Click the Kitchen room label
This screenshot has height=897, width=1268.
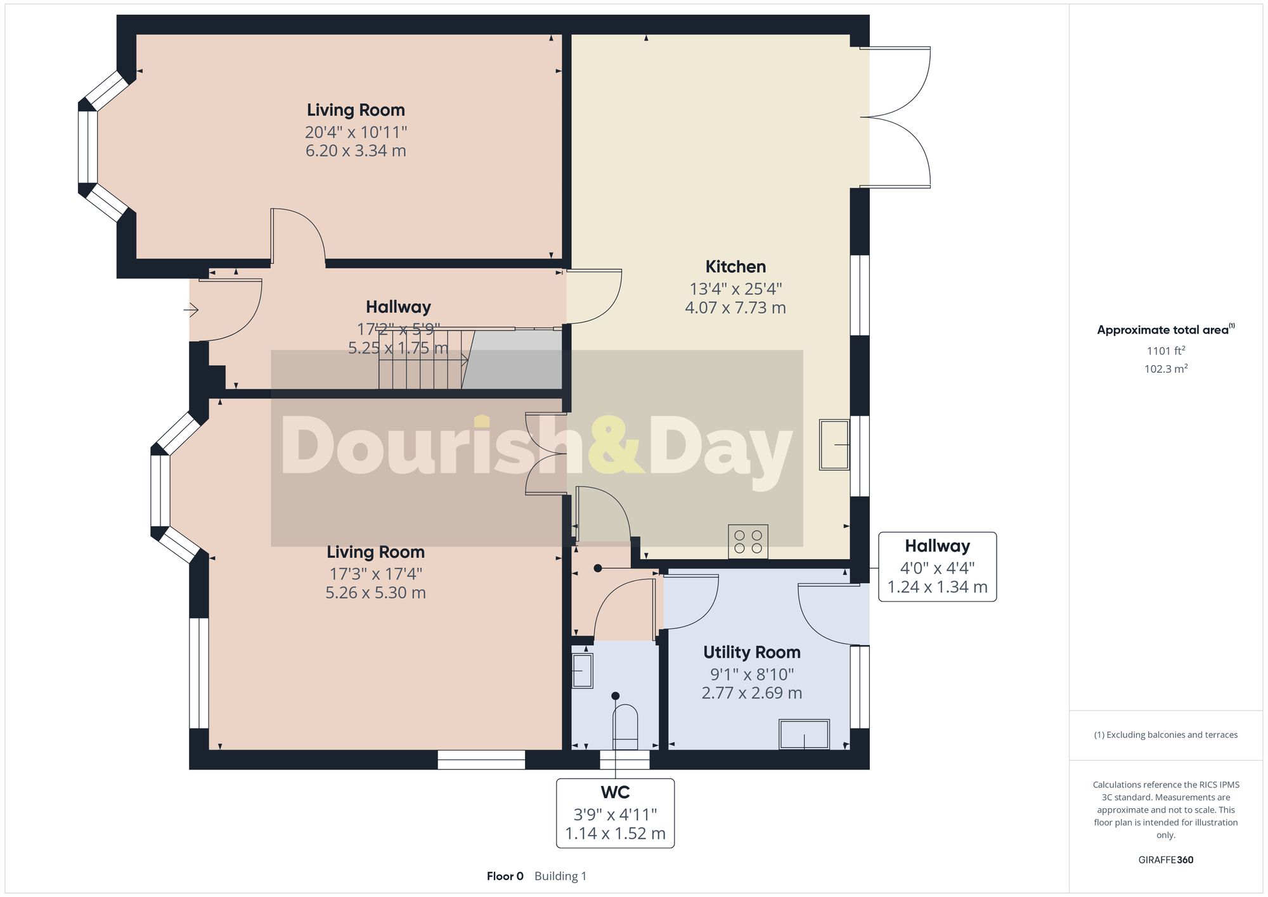[x=735, y=266]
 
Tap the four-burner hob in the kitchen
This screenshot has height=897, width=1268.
[x=747, y=541]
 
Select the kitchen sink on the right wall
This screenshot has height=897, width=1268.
[x=834, y=444]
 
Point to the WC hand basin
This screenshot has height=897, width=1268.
[x=582, y=671]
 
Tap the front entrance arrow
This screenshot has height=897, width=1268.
[x=191, y=310]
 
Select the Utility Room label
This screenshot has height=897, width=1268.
[x=751, y=652]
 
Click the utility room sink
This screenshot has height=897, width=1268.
[x=804, y=734]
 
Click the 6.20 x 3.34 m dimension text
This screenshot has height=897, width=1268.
[x=356, y=151]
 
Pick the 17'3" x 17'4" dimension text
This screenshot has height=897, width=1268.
[x=375, y=574]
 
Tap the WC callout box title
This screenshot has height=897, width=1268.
[x=615, y=792]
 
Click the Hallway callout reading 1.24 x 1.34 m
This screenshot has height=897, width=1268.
[x=936, y=587]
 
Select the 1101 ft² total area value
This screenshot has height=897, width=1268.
[x=1165, y=351]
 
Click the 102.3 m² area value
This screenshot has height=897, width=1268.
[x=1165, y=369]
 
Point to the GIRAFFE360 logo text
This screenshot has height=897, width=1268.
[x=1165, y=860]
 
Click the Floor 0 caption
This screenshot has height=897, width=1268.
[x=505, y=876]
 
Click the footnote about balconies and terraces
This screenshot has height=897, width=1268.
[x=1165, y=735]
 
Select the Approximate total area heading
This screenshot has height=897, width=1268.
[x=1163, y=330]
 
